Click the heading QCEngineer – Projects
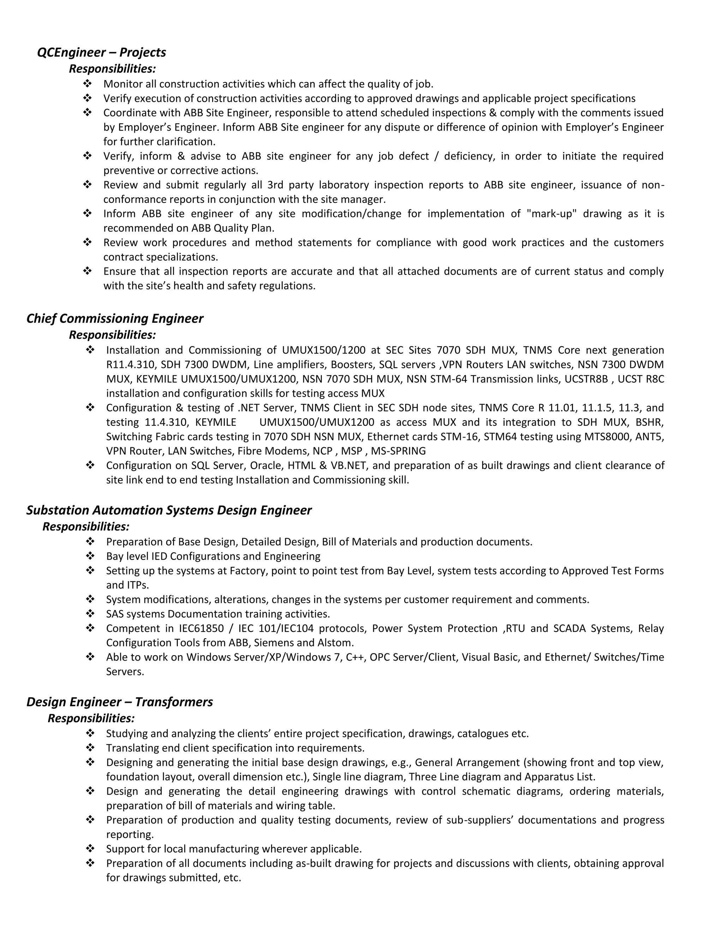coord(102,52)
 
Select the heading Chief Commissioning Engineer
coord(115,319)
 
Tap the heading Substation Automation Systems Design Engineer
coord(169,510)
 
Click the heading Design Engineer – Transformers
coord(120,702)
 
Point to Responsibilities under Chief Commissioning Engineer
coord(112,334)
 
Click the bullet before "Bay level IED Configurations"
coord(90,556)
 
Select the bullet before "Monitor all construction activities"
coord(88,84)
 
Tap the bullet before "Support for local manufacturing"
coord(90,849)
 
